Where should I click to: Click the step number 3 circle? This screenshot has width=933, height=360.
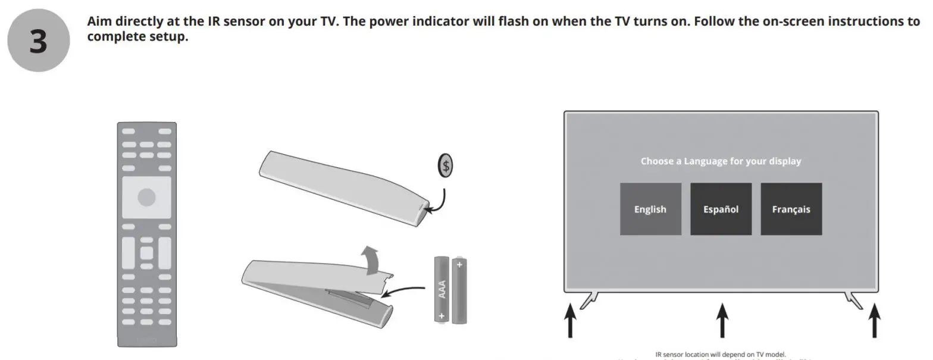tap(38, 41)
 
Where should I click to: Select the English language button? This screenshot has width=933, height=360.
tap(650, 209)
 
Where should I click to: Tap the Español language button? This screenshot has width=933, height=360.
tap(721, 209)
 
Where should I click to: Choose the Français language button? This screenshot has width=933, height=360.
tap(791, 209)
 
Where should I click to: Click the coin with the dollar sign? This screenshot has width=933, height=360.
tap(444, 166)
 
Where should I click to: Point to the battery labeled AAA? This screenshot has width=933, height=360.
tap(442, 289)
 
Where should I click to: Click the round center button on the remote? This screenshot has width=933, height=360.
tap(146, 198)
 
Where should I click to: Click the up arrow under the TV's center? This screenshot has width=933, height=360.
tap(722, 320)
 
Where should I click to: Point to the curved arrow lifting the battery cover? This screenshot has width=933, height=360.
tap(372, 259)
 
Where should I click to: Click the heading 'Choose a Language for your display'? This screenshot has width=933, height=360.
tap(721, 161)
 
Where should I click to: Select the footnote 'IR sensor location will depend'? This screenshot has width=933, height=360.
tap(721, 355)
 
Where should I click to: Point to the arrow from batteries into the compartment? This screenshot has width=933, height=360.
tap(405, 290)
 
